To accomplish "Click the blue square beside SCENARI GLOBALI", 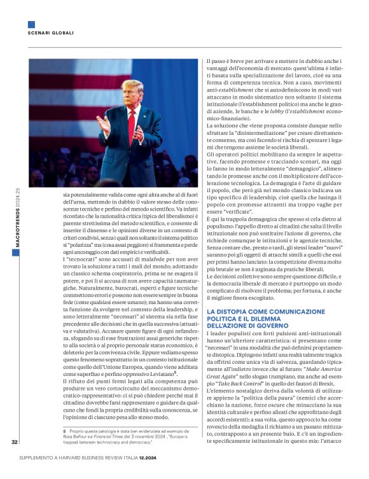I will [31, 25].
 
